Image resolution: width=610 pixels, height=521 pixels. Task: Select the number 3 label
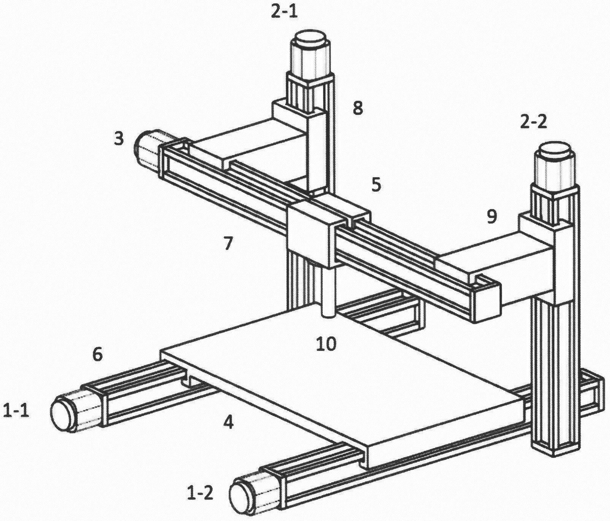pos(119,139)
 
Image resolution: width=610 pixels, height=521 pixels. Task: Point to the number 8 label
pos(357,108)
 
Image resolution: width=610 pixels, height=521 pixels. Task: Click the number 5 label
pos(376,186)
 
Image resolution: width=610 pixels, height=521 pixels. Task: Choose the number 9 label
pos(491,217)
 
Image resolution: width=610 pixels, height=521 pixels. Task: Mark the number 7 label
pos(228,244)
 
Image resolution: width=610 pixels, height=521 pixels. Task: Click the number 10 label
pos(326,344)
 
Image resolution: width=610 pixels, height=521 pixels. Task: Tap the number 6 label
pos(97,355)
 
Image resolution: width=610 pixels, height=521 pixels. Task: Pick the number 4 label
pos(228,422)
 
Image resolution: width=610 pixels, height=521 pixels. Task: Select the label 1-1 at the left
pos(16,411)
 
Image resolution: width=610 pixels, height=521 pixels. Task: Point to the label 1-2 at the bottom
pos(200,493)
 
